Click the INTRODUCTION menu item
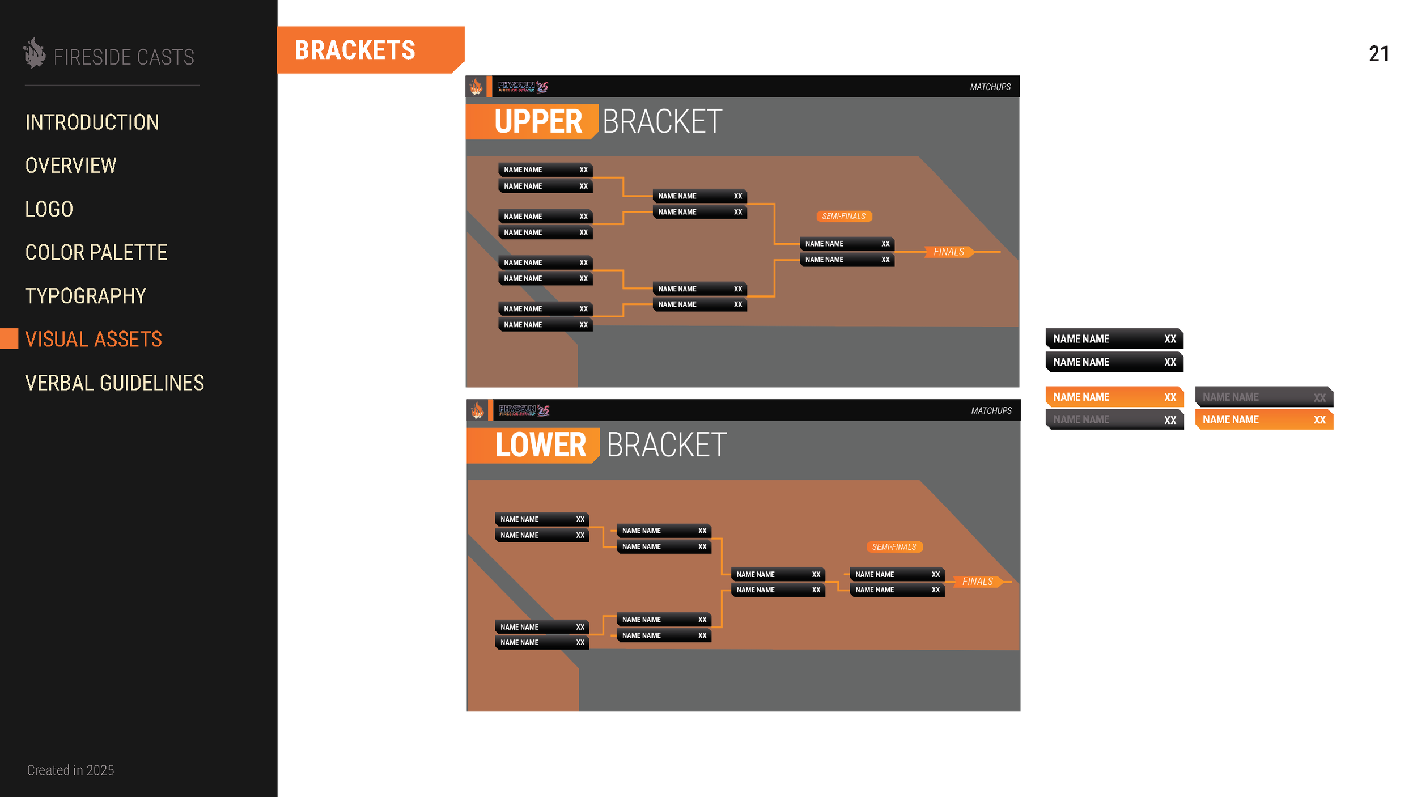(92, 122)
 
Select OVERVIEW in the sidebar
(71, 166)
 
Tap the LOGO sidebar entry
(49, 209)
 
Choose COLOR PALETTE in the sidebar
(96, 252)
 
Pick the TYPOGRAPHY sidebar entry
(86, 296)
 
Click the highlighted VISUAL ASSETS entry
(94, 339)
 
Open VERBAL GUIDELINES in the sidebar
(114, 383)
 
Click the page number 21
(1378, 54)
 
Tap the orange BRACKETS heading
(355, 50)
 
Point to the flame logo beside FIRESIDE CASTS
(35, 53)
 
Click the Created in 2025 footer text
(70, 770)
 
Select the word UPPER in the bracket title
(538, 121)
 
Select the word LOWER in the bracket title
(540, 445)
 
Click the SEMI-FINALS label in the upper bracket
(843, 217)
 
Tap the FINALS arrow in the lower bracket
(978, 582)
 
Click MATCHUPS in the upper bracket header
(990, 87)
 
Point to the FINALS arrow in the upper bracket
(949, 252)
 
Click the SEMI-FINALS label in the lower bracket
(894, 547)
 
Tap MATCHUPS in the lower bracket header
(991, 410)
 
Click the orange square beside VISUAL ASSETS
(9, 339)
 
